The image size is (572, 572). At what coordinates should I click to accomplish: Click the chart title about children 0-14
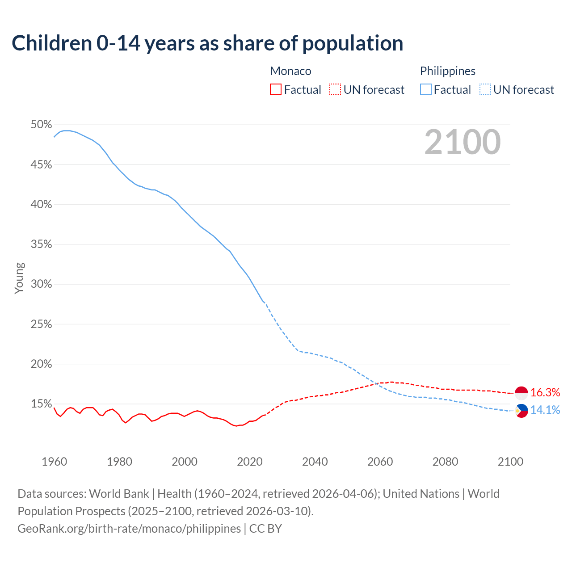[207, 43]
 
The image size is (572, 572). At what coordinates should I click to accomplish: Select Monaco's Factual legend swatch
[276, 90]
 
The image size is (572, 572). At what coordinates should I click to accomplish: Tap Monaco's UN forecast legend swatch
[335, 90]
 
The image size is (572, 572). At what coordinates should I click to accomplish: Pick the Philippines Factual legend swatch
[426, 90]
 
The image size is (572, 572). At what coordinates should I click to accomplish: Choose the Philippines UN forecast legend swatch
[485, 90]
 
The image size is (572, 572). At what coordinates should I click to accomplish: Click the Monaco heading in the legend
[290, 71]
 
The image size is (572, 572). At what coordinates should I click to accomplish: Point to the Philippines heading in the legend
[447, 71]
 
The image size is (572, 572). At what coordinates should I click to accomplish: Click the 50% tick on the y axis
[41, 125]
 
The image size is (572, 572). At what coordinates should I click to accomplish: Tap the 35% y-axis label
[41, 244]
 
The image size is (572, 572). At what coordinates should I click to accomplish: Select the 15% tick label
[41, 404]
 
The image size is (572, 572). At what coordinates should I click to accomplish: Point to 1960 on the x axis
[54, 462]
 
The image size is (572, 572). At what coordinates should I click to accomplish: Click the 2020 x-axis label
[249, 462]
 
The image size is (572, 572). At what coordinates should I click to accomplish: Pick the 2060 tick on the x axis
[380, 462]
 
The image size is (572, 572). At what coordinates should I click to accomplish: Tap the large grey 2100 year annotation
[463, 142]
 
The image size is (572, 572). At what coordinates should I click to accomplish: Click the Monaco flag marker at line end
[522, 393]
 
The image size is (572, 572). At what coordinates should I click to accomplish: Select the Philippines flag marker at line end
[522, 410]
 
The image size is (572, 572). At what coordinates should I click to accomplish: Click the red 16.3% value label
[545, 393]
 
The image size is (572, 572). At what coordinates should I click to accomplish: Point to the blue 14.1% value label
[545, 410]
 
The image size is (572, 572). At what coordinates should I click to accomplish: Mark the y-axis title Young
[19, 278]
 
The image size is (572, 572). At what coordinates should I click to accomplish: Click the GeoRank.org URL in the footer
[129, 529]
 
